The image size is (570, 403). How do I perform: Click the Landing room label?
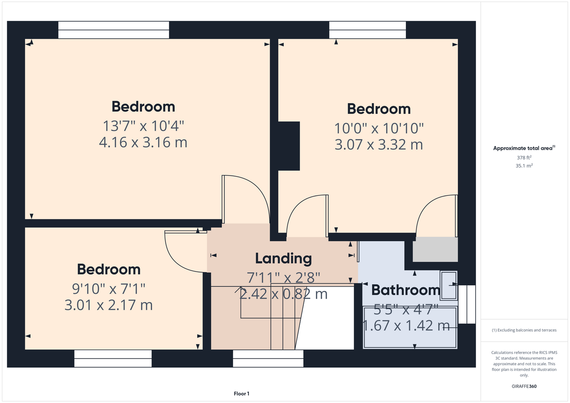click(x=284, y=259)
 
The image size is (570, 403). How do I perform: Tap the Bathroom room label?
click(x=406, y=290)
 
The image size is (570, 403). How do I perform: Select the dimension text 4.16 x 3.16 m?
click(x=143, y=142)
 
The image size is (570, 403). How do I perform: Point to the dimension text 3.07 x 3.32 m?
click(x=379, y=145)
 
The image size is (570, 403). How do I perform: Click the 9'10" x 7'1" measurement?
click(x=109, y=289)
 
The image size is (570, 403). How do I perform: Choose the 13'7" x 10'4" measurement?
click(x=143, y=126)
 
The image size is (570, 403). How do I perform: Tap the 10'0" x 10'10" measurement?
click(x=379, y=129)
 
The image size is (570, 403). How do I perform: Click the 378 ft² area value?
click(x=524, y=158)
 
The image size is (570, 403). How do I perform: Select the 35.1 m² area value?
click(x=524, y=166)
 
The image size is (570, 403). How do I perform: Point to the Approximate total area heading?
click(x=524, y=148)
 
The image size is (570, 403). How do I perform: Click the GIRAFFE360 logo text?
click(x=524, y=386)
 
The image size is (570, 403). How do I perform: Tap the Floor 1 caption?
click(x=242, y=394)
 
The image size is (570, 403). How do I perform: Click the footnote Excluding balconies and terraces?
click(x=524, y=330)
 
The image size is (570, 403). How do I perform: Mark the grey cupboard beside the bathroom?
click(x=435, y=249)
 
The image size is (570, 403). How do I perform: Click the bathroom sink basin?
click(x=449, y=286)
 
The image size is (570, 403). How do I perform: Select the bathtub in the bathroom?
click(x=410, y=328)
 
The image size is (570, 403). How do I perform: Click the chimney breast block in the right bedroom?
click(x=289, y=146)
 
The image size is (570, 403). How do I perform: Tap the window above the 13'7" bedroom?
click(x=113, y=30)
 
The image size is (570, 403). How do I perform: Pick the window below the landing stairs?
click(x=268, y=359)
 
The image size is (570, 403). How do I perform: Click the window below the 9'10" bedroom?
click(x=113, y=359)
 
